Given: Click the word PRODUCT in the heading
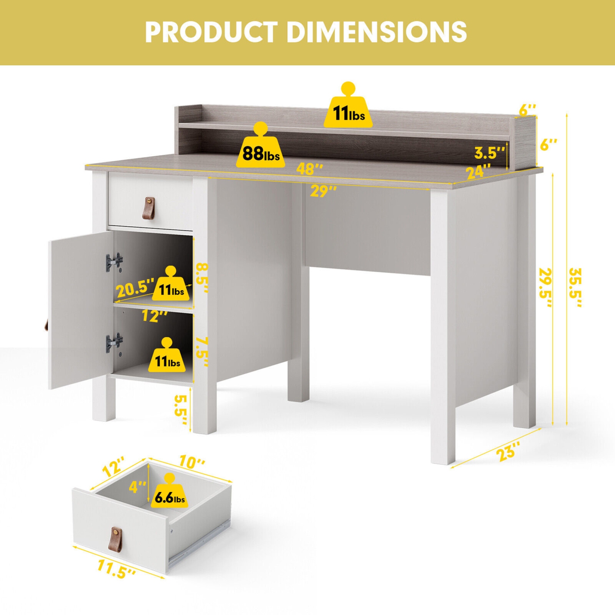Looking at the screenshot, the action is pos(211,32).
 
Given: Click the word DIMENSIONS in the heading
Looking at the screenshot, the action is pos(377,32).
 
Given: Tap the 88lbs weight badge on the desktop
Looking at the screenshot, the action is pos(261,146).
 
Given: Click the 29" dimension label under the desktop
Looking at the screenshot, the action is pos(323,191).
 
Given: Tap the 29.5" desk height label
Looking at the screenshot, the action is pos(546,287).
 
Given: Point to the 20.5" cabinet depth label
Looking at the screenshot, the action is pos(136,288).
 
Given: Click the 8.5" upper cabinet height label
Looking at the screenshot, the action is pos(201,278).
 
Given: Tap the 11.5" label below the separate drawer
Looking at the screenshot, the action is pos(117,569).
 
